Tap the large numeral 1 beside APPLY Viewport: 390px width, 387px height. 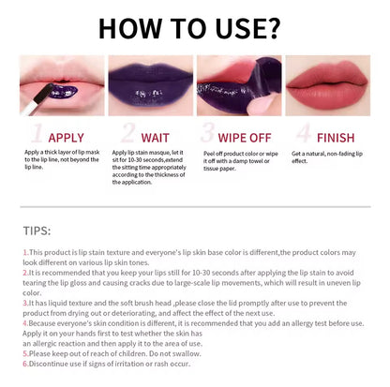tap(37, 132)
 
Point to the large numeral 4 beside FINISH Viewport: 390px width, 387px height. tap(300, 132)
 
